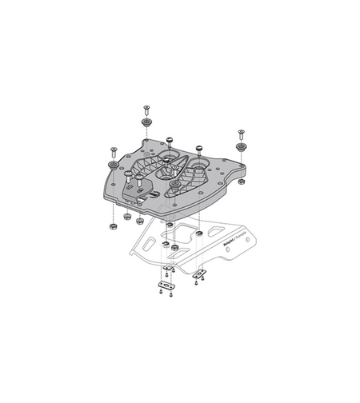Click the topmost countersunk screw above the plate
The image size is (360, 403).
147,108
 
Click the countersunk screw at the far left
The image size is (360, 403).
113,150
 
